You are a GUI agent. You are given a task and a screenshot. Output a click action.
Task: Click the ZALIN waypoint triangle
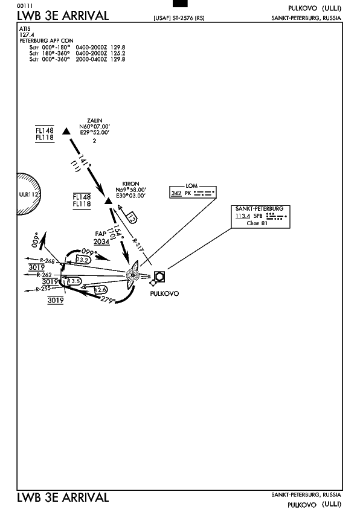coord(66,131)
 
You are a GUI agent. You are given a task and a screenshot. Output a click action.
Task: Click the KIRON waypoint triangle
coord(109,201)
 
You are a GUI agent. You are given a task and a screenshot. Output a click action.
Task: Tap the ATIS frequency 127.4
coord(27,34)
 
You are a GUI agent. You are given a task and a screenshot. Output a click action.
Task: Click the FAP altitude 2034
coord(101,242)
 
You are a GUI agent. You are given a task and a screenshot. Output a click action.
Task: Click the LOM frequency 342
coord(176,193)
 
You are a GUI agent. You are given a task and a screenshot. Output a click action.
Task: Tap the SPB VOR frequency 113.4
coord(243,216)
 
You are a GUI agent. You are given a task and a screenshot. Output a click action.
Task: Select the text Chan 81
coord(257,223)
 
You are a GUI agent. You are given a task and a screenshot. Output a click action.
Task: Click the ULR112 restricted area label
coord(29,194)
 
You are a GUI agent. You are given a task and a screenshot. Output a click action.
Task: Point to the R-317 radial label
coord(138,245)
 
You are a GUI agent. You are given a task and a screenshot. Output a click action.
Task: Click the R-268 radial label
coord(47,261)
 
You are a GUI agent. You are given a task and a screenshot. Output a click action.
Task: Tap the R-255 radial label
coord(43,289)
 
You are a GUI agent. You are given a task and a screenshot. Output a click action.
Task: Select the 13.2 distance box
coord(83,260)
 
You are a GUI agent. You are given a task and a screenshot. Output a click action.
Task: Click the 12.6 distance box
coord(101,290)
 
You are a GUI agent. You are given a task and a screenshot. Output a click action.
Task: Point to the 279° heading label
coord(108,299)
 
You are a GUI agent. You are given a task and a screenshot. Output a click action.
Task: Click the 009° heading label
coord(35,240)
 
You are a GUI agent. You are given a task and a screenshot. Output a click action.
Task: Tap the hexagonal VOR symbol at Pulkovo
coord(159,277)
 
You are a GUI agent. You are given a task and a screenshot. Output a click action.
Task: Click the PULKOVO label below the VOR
coord(164,293)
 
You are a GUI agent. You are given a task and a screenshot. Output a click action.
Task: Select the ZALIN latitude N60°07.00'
coord(94,126)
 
